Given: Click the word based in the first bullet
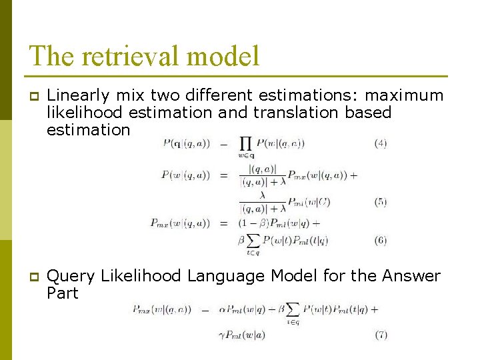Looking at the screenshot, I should [368, 113].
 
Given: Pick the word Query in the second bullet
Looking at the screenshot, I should [69, 276].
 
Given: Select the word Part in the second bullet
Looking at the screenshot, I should [63, 293].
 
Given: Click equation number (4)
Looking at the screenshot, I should [380, 143].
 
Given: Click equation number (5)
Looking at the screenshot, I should [380, 202].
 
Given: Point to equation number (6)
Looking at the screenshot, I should [380, 240].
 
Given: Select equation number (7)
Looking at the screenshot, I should [380, 335].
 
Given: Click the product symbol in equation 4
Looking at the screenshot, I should [245, 144].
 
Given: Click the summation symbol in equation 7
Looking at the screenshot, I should [291, 311].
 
